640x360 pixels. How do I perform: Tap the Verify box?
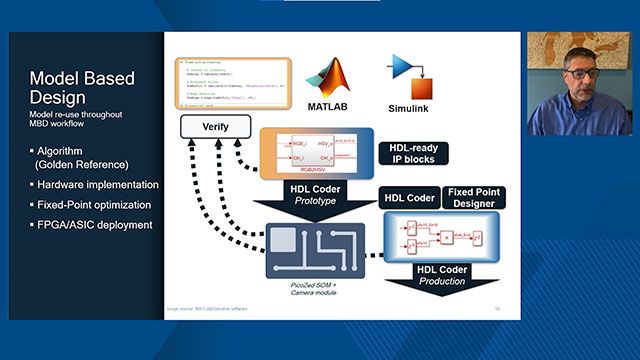214,127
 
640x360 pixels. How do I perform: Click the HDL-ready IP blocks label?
413,153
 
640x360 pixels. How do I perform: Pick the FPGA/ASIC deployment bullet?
91,225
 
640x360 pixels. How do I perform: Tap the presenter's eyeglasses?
581,73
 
